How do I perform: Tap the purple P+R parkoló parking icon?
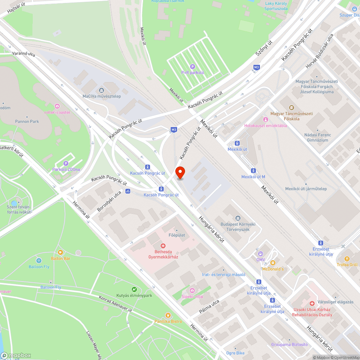(193, 67)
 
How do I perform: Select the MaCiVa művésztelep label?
(102, 96)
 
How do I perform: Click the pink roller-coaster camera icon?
(57, 106)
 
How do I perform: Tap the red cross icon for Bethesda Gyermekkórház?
(163, 246)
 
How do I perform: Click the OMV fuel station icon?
(261, 253)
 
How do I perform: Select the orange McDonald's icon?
(273, 263)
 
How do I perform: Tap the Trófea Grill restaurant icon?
(347, 258)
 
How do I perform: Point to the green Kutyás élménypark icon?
(134, 289)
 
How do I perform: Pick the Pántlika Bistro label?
(168, 321)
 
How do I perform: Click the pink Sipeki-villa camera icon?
(192, 290)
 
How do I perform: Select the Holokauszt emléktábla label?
(265, 126)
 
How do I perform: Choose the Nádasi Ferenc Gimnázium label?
(317, 137)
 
